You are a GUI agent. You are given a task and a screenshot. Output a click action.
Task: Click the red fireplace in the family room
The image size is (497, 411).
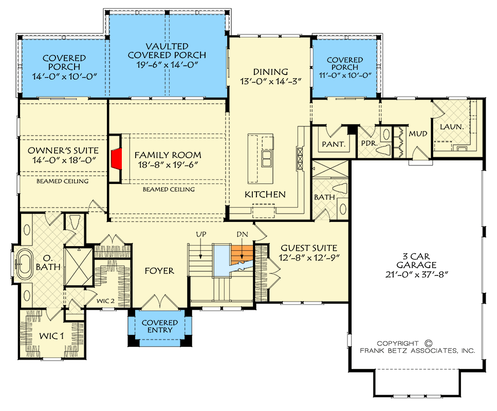click(x=117, y=158)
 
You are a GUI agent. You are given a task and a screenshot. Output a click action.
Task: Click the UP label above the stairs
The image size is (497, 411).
click(x=201, y=234)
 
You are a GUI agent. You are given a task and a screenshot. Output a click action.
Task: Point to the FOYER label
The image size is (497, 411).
click(x=159, y=271)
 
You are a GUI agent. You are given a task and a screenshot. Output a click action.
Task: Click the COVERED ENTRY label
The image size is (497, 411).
click(x=160, y=326)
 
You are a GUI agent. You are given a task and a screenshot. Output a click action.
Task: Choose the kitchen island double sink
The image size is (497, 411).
click(x=267, y=159)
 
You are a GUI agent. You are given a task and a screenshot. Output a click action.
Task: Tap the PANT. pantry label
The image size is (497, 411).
click(x=334, y=144)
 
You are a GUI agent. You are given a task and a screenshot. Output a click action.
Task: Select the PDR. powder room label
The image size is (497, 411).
click(x=369, y=143)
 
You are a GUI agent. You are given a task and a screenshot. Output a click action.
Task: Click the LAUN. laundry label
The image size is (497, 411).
click(x=452, y=127)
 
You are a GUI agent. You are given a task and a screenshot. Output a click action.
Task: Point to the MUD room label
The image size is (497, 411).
click(x=418, y=134)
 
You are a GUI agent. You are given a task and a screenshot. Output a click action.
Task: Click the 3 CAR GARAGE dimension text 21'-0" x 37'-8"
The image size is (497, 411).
click(x=416, y=274)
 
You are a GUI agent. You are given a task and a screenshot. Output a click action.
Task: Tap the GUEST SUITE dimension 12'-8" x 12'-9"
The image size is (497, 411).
click(x=309, y=257)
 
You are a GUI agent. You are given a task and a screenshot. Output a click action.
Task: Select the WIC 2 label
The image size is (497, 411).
click(x=105, y=301)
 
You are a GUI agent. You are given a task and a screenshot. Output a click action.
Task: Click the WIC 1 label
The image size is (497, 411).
click(x=51, y=336)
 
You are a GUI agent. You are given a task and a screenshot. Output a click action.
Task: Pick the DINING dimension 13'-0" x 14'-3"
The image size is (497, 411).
click(x=270, y=82)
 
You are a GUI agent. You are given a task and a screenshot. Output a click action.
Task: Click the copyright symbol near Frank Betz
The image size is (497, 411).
click(x=428, y=343)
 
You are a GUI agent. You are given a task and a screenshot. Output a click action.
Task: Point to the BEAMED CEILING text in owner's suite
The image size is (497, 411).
click(x=62, y=181)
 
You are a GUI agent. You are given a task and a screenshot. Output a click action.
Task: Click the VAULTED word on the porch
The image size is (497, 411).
click(x=167, y=46)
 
